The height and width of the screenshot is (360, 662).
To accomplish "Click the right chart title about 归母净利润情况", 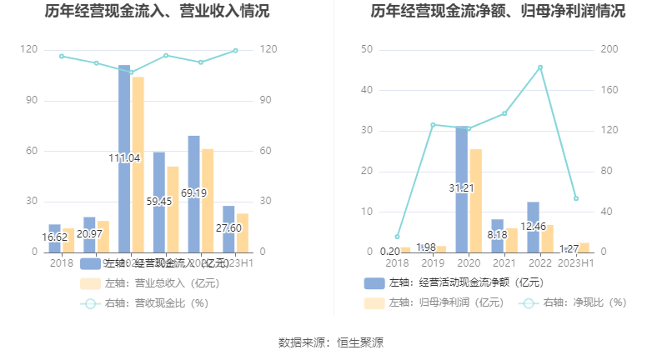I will [x=498, y=12].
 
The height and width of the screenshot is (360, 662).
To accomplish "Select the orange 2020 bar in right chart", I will [x=475, y=200].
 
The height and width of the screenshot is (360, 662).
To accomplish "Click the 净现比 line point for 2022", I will [x=540, y=67].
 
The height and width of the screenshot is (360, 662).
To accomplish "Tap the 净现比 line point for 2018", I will [x=397, y=237].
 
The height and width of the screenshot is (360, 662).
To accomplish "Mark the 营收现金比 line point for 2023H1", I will [x=236, y=51].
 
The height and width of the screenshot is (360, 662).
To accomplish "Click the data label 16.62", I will [x=55, y=237].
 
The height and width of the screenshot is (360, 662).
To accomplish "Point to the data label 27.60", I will [x=228, y=227].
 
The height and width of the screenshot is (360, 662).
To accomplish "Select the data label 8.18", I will [x=497, y=235].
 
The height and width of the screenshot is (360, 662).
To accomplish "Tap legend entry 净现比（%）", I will [x=584, y=302].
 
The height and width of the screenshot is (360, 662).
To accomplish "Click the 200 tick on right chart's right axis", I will [x=609, y=50].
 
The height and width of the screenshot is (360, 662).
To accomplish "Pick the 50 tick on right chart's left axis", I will [x=367, y=50].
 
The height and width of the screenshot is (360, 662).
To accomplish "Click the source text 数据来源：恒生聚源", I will [x=331, y=342].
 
